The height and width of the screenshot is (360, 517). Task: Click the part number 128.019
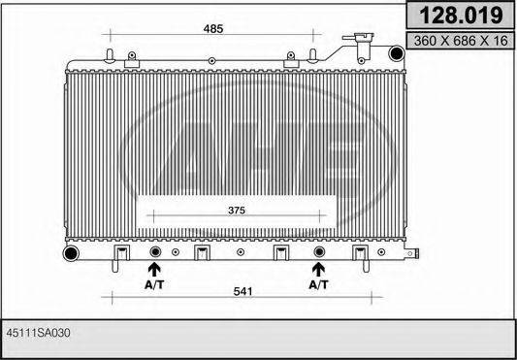point(461,15)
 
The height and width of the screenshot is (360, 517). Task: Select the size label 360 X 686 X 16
point(461,41)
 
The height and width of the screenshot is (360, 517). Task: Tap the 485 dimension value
point(213,29)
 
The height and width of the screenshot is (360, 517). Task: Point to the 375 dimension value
point(237,211)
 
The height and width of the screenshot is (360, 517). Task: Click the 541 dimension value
point(242,292)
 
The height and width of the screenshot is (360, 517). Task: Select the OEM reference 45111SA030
point(38,333)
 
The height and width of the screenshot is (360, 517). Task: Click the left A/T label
point(154,284)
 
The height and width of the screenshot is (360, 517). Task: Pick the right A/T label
point(318,284)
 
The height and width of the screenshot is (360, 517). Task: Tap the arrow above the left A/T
point(154,270)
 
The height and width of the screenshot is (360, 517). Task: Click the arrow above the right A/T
point(318,270)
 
